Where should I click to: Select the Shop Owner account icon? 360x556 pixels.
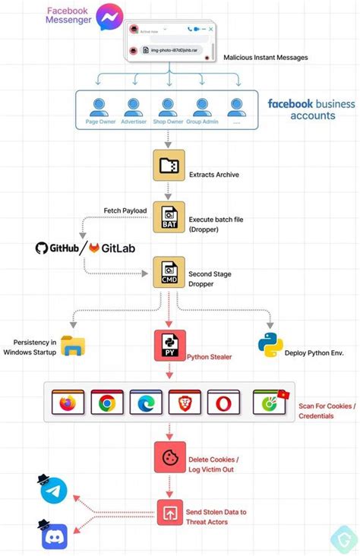[x=166, y=106]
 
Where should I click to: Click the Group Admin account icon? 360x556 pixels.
[x=202, y=106]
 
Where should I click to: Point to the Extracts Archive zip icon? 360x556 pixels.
[x=169, y=166]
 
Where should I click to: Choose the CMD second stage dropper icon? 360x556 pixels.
[x=169, y=272]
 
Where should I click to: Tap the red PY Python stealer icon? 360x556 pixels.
[x=169, y=345]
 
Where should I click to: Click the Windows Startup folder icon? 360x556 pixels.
[x=73, y=346]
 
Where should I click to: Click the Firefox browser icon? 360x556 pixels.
[x=68, y=401]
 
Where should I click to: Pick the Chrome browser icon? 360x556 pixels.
[x=106, y=401]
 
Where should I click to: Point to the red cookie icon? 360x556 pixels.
[x=169, y=457]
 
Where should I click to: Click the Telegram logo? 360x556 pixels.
[x=54, y=492]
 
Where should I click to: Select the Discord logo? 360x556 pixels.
[x=54, y=536]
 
